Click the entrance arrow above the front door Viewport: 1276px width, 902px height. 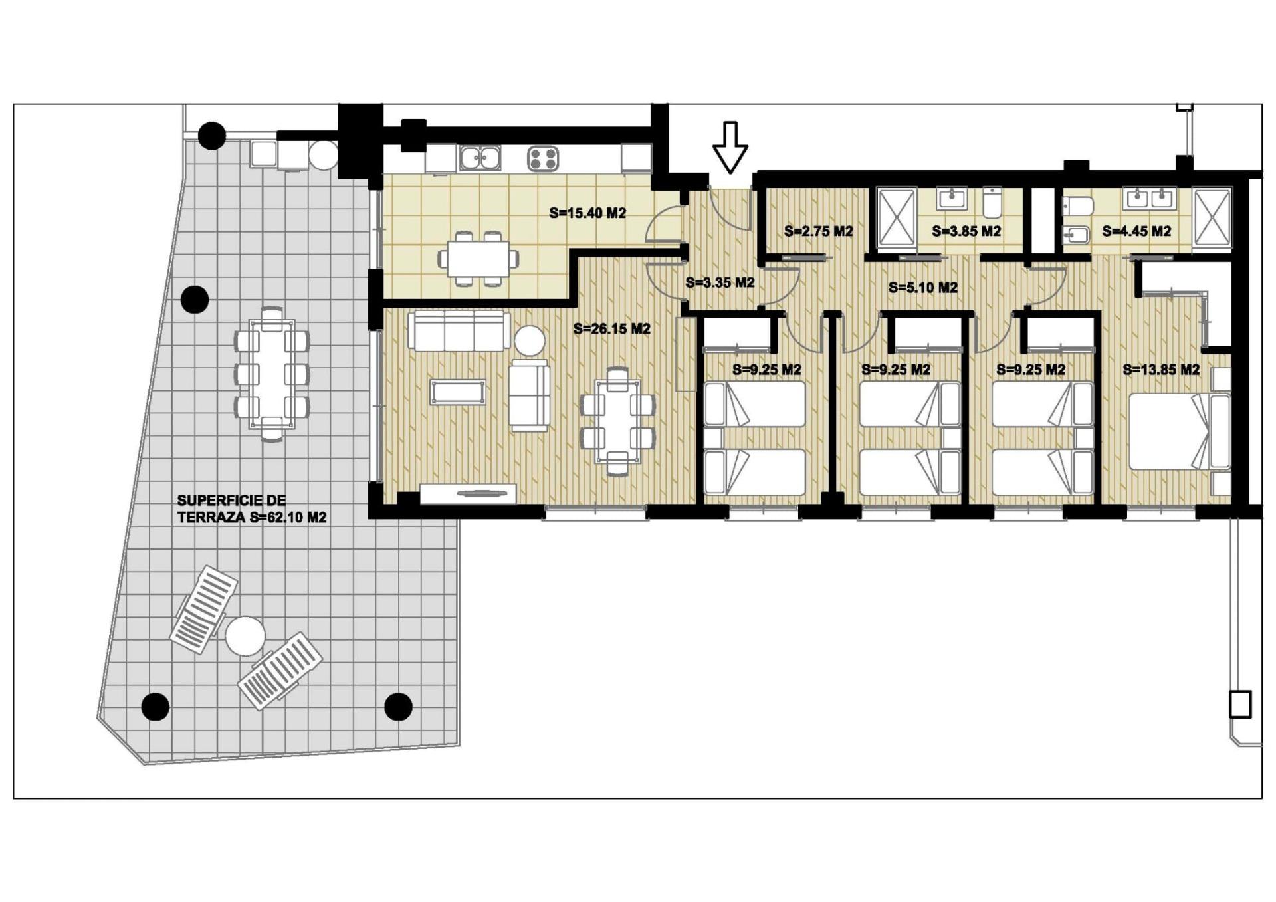tap(730, 148)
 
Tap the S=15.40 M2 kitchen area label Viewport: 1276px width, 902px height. tap(587, 213)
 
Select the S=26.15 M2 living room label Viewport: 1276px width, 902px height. tap(611, 328)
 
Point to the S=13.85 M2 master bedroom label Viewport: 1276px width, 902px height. tap(1161, 370)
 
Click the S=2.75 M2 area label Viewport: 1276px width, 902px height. tap(818, 231)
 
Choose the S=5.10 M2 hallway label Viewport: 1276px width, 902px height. tap(923, 288)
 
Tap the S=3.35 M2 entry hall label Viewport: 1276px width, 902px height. tap(720, 282)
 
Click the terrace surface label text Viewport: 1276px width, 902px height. tap(251, 509)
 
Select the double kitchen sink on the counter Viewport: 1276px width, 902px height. tap(480, 158)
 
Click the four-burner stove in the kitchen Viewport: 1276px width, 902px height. tap(543, 159)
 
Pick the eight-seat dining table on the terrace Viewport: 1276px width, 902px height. tap(271, 374)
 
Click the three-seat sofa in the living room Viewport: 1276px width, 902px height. tap(459, 330)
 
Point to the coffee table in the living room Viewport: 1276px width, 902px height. tap(458, 392)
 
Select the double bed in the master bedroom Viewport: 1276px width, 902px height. tap(1180, 431)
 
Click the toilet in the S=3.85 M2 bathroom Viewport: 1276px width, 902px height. tap(992, 203)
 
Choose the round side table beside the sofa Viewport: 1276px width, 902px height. tap(530, 340)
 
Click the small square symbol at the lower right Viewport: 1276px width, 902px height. tap(1240, 705)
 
